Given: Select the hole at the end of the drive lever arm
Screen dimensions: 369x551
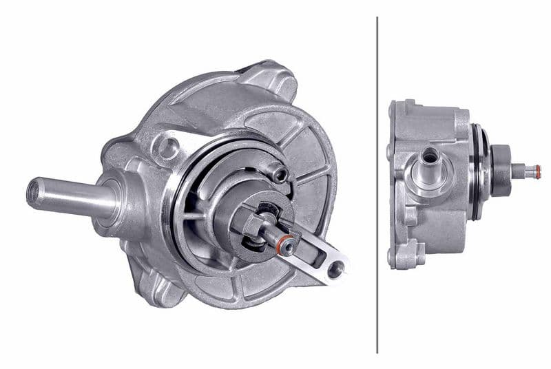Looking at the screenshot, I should [335, 269].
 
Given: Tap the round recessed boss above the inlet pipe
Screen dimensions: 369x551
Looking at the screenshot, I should [168, 146].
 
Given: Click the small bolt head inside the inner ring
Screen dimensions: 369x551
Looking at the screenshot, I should [279, 174].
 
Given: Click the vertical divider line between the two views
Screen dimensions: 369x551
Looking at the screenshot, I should [377, 184].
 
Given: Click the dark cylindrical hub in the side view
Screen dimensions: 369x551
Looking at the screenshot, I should [500, 169].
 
